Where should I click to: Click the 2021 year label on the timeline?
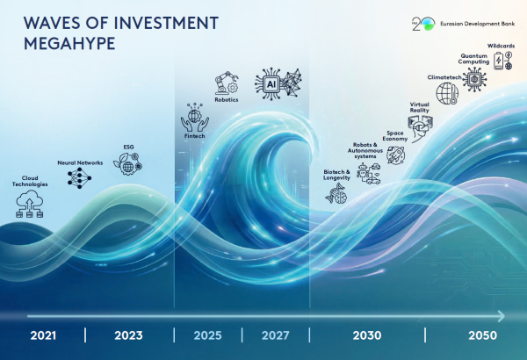coord(43,335)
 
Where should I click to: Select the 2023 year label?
coord(127,335)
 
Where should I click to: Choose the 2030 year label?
coord(367,335)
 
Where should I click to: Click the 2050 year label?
coord(482,335)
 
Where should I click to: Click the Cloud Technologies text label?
coord(30,180)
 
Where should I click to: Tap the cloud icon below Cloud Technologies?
coord(30,205)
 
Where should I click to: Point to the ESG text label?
coord(129,147)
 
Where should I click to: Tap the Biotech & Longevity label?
coord(336,175)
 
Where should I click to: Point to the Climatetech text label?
coord(444,77)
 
